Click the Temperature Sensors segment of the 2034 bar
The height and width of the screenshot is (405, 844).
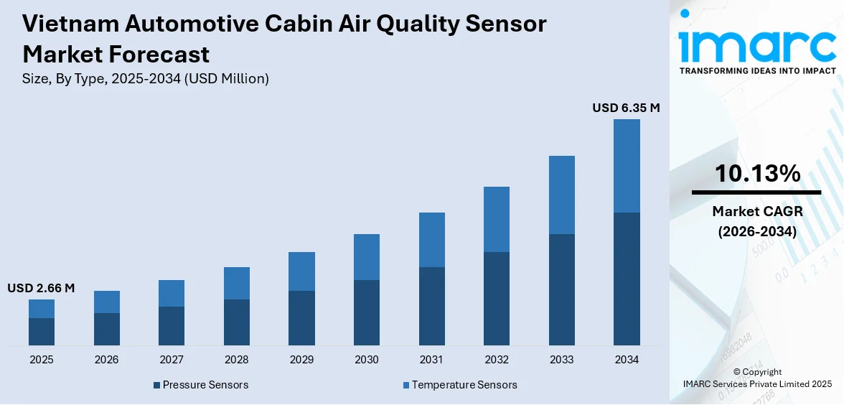[627, 166]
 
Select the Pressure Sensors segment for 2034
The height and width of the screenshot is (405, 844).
[627, 279]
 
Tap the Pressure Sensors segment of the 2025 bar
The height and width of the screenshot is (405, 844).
[42, 332]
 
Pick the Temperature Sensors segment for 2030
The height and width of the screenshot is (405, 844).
[367, 257]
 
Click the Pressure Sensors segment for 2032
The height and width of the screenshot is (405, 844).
[497, 299]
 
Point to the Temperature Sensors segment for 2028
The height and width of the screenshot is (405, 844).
[237, 283]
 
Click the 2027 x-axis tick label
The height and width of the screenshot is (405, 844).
[172, 359]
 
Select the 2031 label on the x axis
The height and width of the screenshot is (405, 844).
[431, 359]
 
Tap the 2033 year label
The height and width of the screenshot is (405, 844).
[561, 359]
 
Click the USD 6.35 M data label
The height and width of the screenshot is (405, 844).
[625, 108]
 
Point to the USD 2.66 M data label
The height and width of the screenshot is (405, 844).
[41, 288]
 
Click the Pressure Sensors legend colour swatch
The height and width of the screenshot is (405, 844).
[156, 386]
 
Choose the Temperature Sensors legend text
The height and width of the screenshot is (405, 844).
[464, 385]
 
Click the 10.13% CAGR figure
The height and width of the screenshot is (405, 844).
[756, 173]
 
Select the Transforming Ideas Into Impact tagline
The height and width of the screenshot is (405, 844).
[756, 70]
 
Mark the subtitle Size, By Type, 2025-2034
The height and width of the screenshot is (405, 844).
[146, 79]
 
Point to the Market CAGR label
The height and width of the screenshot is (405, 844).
[756, 211]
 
